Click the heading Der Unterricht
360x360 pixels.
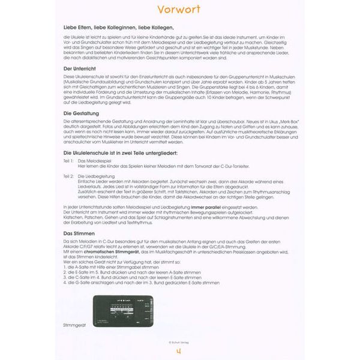coord(82,69)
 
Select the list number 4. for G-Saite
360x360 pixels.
coord(65,281)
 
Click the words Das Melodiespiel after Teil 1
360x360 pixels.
coord(94,161)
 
